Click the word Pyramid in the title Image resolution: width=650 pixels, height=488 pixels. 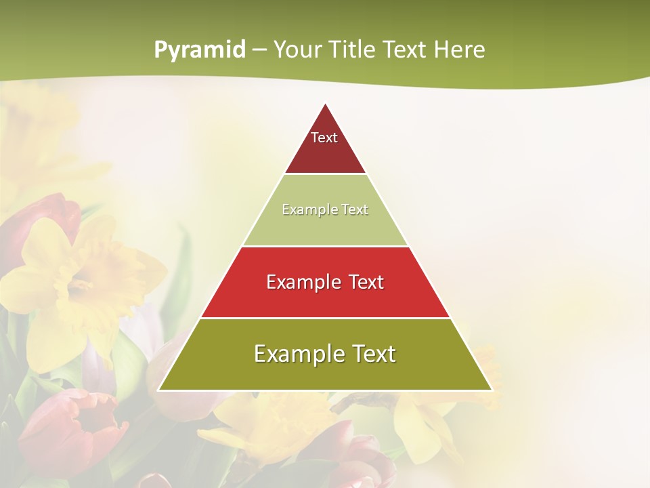click(199, 50)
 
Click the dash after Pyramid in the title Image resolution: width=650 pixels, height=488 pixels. click(259, 50)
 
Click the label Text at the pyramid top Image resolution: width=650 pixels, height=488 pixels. click(324, 138)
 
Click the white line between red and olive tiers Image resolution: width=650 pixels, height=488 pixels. click(325, 318)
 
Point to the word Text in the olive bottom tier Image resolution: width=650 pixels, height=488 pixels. click(372, 354)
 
